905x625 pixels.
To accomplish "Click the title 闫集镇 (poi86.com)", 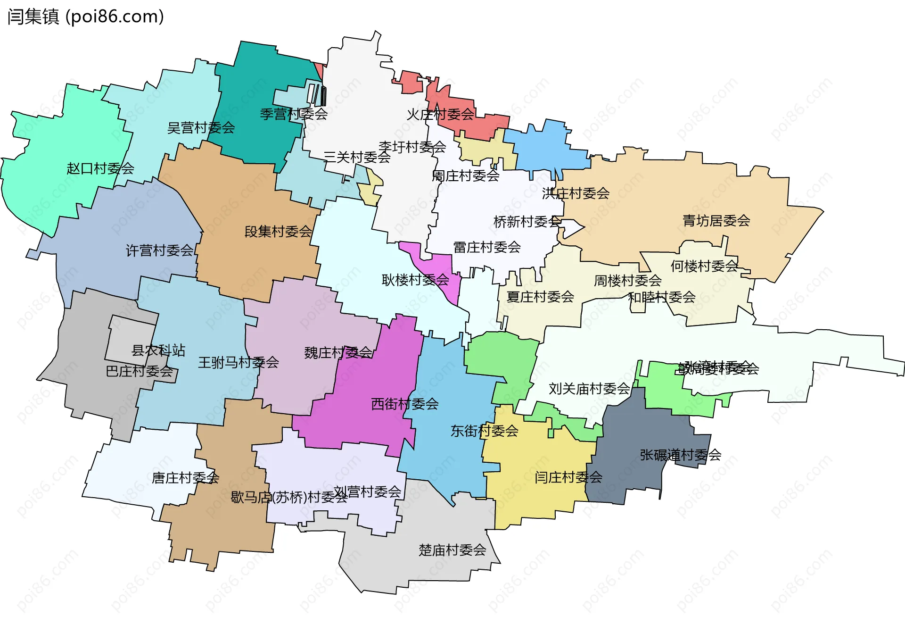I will point(85,17).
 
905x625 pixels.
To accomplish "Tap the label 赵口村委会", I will point(100,168).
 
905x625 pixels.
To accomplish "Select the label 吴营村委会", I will point(201,128).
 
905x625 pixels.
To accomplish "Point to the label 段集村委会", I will point(278,232).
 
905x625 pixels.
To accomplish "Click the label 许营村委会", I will point(159,250).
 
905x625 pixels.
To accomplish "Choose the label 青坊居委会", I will point(716,220).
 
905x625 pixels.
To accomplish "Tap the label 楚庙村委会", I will point(452,550).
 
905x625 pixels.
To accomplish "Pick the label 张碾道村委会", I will point(680,455).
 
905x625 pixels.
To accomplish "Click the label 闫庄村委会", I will point(568,477).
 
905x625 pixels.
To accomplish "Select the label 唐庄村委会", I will point(185,478).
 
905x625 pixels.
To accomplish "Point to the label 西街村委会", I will point(404,404).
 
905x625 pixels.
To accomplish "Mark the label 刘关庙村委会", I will point(589,389).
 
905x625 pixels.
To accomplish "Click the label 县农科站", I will point(158,350).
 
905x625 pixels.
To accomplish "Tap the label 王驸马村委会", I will point(238,363).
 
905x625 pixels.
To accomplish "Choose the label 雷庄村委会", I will point(486,247).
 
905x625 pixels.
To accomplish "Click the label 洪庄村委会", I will point(575,193).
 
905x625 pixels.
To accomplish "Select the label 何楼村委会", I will point(704,267).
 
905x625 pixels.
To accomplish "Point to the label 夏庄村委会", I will point(540,297).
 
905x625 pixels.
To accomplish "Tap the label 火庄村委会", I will point(440,115).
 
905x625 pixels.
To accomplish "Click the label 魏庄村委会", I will point(338,353).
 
